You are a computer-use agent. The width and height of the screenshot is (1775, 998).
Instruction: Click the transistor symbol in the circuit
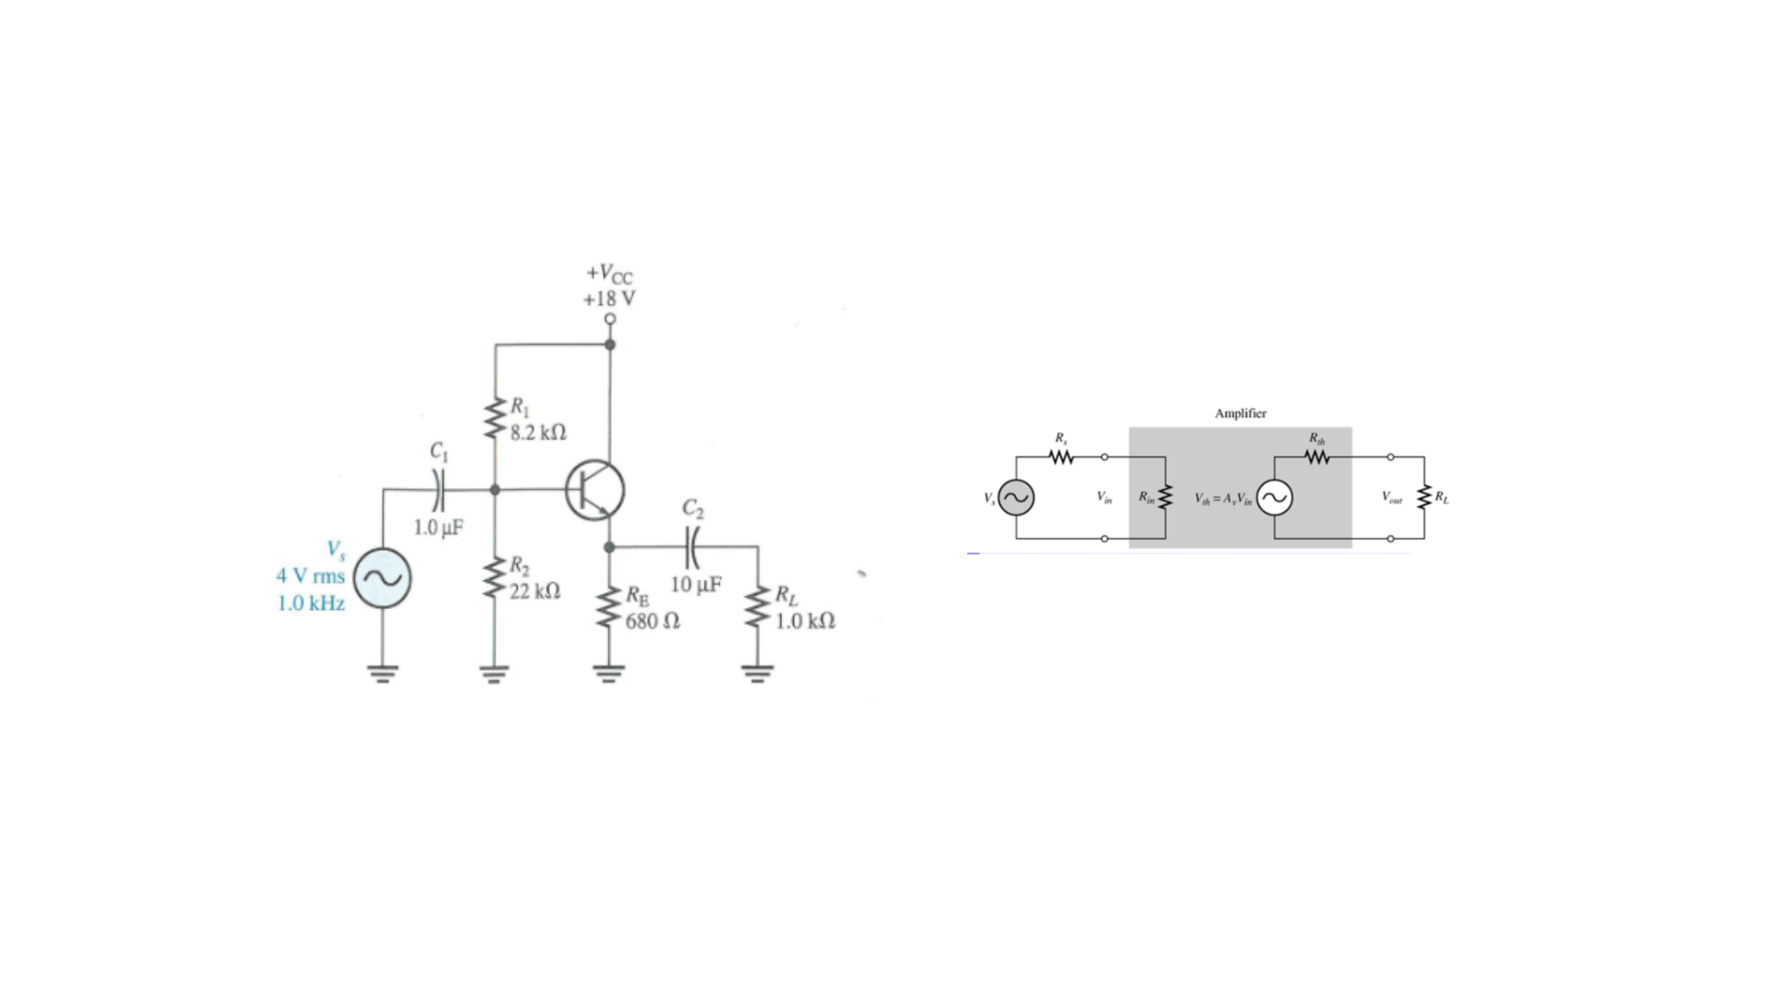tap(594, 490)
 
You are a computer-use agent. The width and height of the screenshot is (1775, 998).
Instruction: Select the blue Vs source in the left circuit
tap(383, 578)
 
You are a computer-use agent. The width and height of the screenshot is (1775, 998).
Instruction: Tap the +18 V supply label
tap(608, 298)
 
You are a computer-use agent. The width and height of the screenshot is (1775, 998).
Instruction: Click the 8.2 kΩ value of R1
tap(538, 432)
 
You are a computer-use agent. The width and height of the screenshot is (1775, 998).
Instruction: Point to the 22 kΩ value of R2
tap(534, 590)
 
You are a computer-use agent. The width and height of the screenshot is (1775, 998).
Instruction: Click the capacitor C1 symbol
tap(439, 490)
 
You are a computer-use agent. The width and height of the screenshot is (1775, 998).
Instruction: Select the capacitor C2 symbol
tap(692, 547)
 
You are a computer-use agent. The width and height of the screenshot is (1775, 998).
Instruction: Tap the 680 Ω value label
tap(653, 621)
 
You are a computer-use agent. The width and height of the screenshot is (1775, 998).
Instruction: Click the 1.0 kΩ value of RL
tap(804, 621)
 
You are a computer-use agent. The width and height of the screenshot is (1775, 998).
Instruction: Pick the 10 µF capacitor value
tap(696, 585)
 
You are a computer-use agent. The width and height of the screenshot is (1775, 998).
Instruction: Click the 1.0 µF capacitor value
tap(438, 528)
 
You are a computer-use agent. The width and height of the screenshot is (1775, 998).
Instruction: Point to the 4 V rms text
tap(310, 576)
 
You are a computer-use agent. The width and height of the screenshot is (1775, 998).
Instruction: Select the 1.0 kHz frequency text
tap(311, 603)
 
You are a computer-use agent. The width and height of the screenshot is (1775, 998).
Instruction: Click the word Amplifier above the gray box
tap(1240, 413)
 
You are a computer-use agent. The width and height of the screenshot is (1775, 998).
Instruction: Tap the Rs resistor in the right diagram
tap(1061, 457)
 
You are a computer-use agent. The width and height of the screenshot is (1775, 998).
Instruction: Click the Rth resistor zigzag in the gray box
tap(1316, 457)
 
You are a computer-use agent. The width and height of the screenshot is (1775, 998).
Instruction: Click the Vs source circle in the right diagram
tap(1016, 498)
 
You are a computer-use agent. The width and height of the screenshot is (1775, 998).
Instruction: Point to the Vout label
tap(1391, 497)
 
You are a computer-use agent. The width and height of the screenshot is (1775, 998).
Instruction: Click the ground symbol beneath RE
tap(608, 673)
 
